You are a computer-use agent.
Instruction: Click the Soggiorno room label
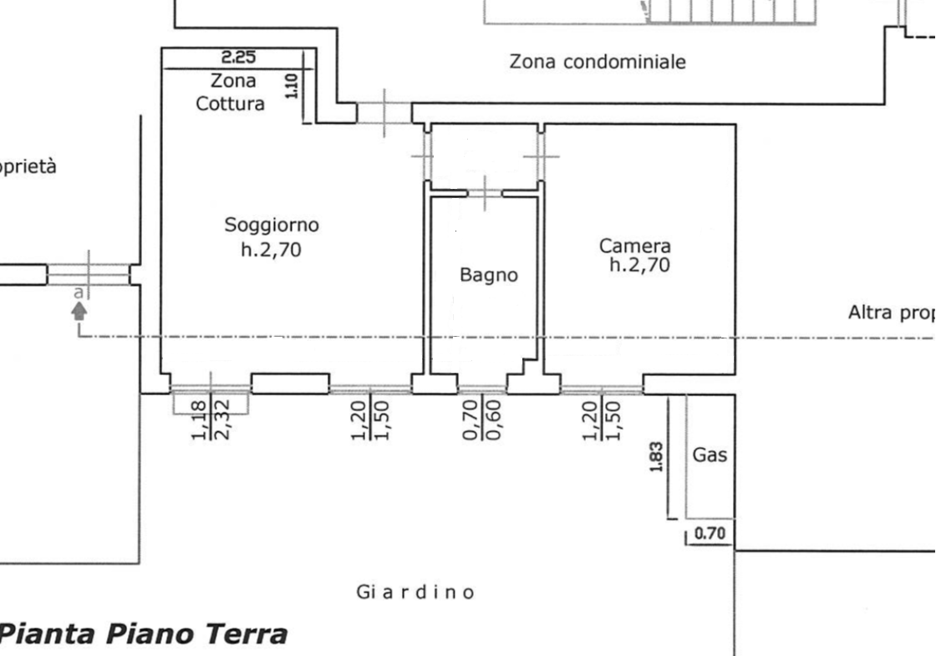coord(272,225)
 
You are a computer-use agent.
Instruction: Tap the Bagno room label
coord(489,274)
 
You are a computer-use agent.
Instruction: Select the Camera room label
coord(634,247)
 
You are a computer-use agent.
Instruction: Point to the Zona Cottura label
coord(231,93)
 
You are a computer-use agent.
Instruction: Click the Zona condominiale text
coord(598,62)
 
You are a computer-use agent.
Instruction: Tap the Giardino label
coord(416,592)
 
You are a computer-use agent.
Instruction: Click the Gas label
coord(710,455)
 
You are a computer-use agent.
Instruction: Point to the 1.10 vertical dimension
coord(292,84)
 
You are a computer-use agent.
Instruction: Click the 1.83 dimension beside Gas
coord(656,456)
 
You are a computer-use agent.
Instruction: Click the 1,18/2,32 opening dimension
coord(210,420)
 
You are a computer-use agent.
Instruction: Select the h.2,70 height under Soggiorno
coord(272,248)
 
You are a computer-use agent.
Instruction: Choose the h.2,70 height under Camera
coord(639,267)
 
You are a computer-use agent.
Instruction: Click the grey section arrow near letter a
coord(79,312)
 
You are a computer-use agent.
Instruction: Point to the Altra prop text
coord(891,313)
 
